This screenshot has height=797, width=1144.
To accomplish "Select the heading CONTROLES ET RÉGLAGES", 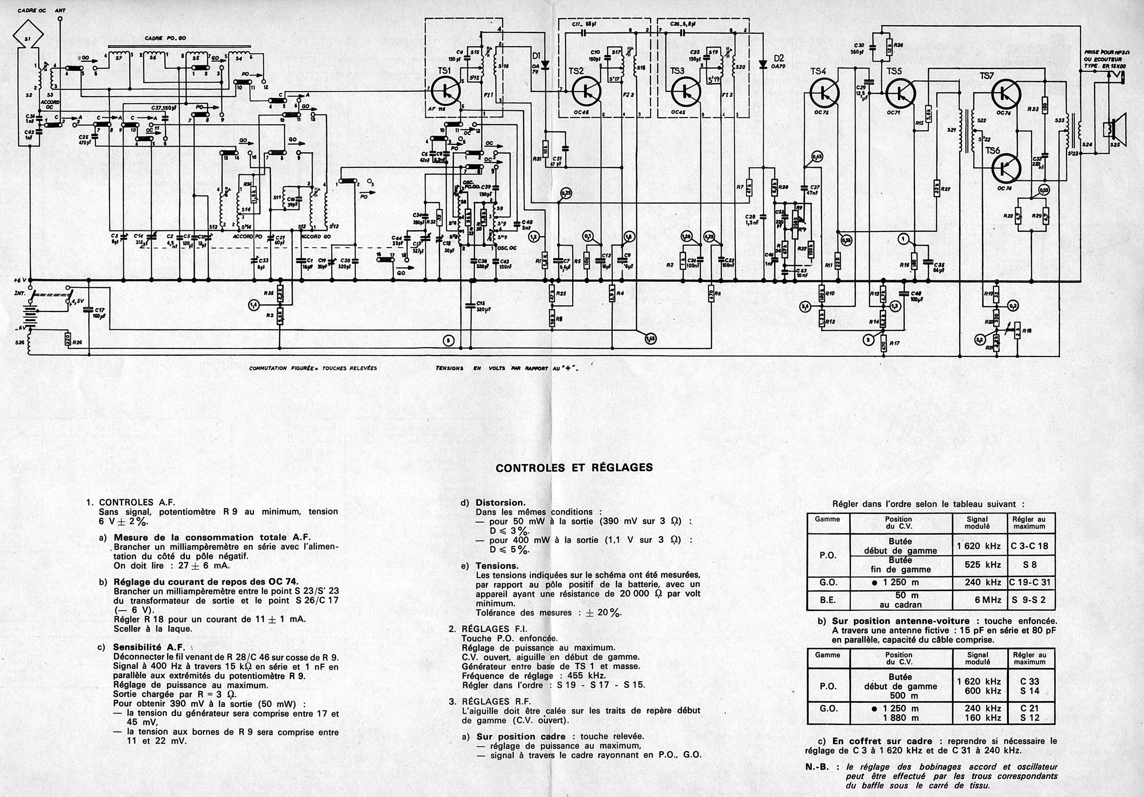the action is (574, 467).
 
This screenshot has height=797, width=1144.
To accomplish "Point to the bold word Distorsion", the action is (500, 503).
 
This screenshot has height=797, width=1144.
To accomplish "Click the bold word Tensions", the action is (497, 566).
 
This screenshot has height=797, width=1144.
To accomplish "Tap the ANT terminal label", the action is (60, 10).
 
